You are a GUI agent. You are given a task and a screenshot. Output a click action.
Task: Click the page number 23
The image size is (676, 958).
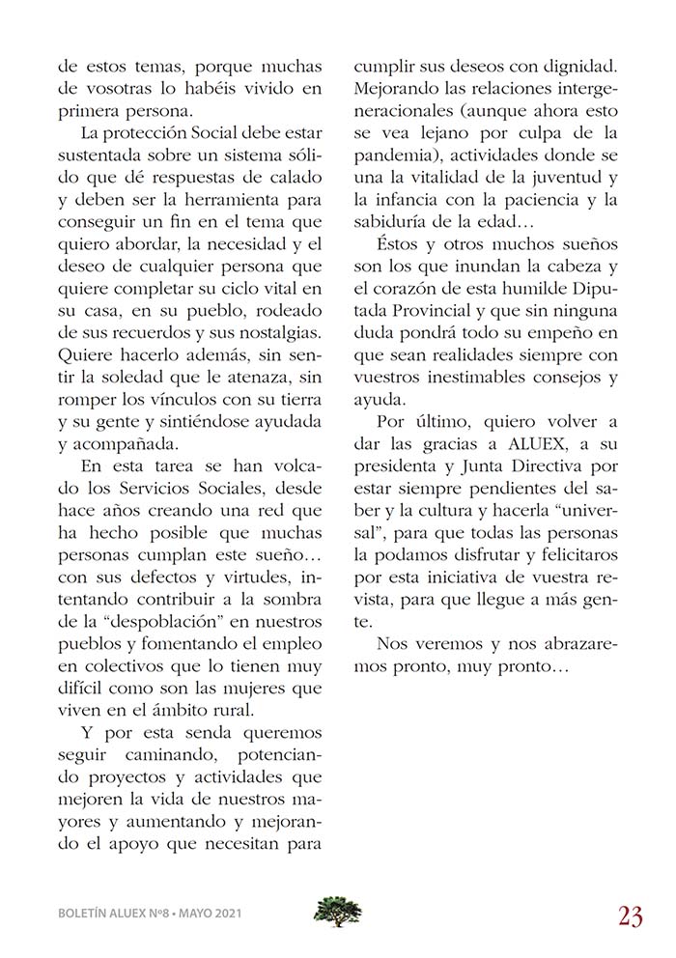(x=631, y=916)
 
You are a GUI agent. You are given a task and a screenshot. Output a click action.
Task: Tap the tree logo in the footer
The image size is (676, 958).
(x=338, y=911)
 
